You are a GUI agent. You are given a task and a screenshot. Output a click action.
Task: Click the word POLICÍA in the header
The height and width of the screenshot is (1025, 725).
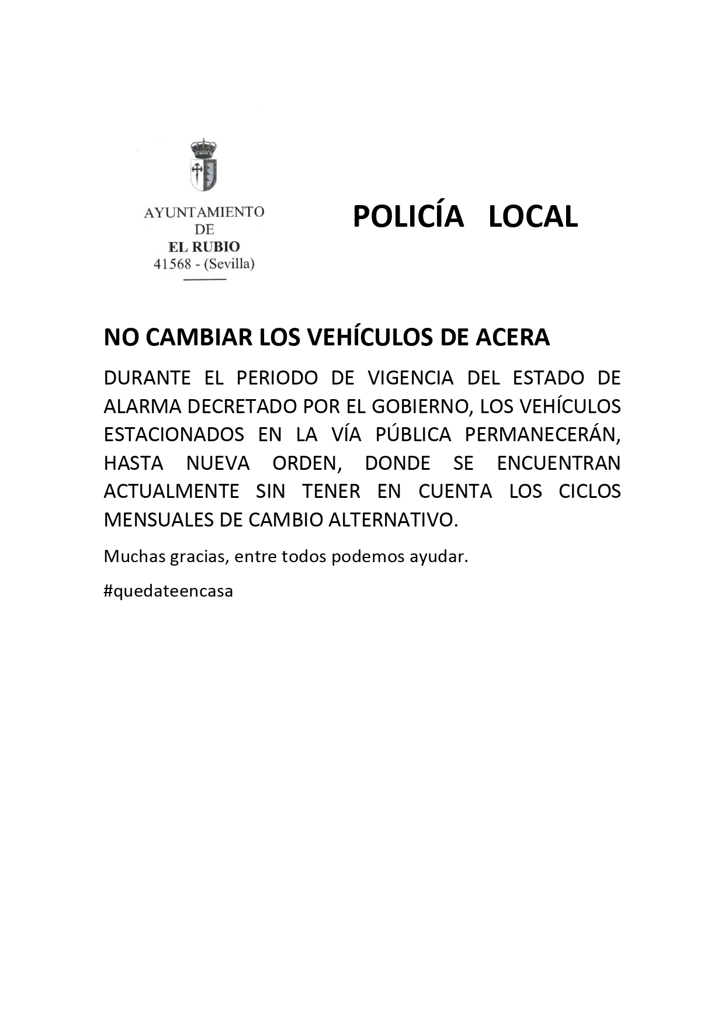(408, 217)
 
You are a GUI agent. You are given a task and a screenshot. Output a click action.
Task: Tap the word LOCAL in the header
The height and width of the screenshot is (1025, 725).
(533, 217)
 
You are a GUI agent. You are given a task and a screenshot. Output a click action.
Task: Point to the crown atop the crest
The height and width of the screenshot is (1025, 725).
(204, 148)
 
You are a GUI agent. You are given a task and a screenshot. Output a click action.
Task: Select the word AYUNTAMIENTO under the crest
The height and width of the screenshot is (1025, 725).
(204, 212)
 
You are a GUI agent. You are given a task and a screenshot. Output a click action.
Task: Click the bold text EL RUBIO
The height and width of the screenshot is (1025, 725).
(204, 247)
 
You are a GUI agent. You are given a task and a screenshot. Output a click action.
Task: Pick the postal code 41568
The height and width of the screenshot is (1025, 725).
(172, 264)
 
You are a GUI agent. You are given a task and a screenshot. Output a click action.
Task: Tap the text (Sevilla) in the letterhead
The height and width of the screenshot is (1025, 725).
(228, 264)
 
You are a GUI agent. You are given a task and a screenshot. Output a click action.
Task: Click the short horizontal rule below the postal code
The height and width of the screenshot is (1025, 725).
(204, 280)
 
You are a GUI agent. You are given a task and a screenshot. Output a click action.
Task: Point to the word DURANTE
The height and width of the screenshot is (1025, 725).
(147, 378)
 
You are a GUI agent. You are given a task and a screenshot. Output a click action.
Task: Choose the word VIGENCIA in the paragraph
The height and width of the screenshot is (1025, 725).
(410, 378)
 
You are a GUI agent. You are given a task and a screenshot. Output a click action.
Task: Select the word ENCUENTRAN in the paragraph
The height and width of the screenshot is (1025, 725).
(558, 463)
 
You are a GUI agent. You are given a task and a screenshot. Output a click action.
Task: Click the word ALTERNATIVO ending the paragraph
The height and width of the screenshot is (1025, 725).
(393, 520)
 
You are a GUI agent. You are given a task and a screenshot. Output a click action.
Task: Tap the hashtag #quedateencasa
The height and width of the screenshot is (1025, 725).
(168, 591)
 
